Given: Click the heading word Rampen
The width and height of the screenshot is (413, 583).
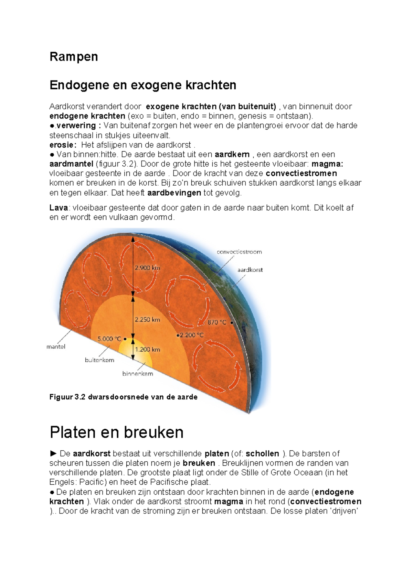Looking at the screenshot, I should [74, 57].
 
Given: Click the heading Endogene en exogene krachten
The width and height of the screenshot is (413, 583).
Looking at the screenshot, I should [143, 85].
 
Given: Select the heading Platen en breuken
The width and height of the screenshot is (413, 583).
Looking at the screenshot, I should [116, 432].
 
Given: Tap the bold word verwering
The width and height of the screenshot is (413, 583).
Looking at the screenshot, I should [76, 125].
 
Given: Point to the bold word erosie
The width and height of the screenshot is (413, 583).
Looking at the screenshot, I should [62, 145].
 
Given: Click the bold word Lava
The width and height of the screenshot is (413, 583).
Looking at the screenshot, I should [59, 208].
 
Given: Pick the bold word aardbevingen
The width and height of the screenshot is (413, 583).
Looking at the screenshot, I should [174, 193].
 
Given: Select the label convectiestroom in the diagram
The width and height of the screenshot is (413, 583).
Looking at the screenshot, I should [239, 252].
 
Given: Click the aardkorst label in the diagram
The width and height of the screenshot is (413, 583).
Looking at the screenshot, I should [250, 270].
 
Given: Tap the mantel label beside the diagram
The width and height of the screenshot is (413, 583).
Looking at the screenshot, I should [56, 347].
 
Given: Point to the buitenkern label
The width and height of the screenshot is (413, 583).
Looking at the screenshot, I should [99, 360].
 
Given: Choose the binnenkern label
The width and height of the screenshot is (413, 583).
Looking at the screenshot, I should [138, 374].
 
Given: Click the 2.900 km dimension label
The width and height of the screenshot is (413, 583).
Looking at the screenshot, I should [147, 268].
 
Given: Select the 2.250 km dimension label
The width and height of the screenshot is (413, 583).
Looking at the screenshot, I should [147, 320].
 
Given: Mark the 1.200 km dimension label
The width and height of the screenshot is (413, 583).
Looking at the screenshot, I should [147, 350].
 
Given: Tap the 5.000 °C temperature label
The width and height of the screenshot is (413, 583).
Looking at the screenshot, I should [109, 339].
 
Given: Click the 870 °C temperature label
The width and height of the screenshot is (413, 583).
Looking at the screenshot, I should [217, 322].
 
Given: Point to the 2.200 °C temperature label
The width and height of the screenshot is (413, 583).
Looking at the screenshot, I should [191, 335].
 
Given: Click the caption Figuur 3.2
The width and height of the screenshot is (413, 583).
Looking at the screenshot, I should [123, 397].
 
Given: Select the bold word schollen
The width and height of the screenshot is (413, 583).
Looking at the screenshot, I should [262, 454].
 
